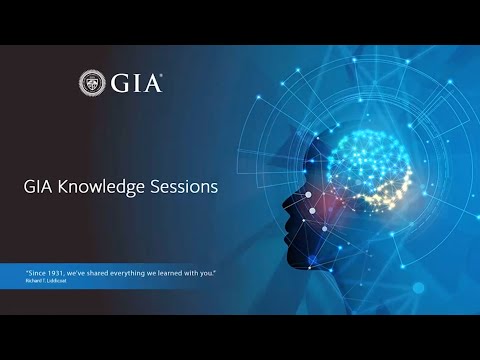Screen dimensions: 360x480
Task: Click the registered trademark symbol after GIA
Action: pos(163,75)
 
